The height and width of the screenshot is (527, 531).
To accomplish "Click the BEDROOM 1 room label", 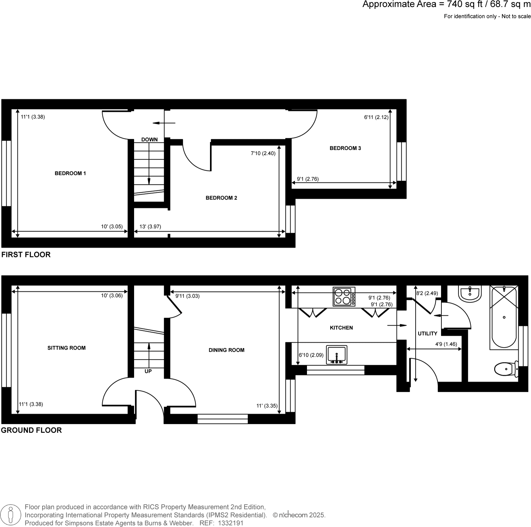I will coord(70,173).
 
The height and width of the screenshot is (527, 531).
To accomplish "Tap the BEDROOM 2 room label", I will coord(221,198).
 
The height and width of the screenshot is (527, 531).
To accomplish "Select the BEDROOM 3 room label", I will coord(345,148).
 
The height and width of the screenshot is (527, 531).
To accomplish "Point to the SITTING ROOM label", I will coord(67,348).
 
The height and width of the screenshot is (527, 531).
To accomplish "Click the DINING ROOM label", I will coord(226,350).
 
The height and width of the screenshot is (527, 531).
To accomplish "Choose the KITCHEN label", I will coord(341,328).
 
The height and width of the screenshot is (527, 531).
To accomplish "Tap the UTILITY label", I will coord(427,334).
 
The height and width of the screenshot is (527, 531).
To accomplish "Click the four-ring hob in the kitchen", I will coord(344,297).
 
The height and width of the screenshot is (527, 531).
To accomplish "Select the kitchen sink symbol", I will coord(337,355).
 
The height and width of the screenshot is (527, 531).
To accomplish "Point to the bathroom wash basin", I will coord(470,294).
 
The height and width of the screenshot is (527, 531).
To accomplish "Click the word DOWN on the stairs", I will coord(149,140).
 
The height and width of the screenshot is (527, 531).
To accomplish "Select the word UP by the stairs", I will coord(148,371).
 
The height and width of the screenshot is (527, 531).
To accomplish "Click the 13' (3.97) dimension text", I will coord(150,227).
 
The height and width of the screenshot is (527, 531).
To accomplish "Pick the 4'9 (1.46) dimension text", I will coord(446,344).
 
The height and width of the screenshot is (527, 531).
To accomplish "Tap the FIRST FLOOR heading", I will coord(26,255).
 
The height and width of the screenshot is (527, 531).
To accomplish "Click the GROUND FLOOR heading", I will coord(31,430).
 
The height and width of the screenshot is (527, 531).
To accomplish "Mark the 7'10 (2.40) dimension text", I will coord(263,154).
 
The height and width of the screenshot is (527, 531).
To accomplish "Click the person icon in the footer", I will coord(11,515).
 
